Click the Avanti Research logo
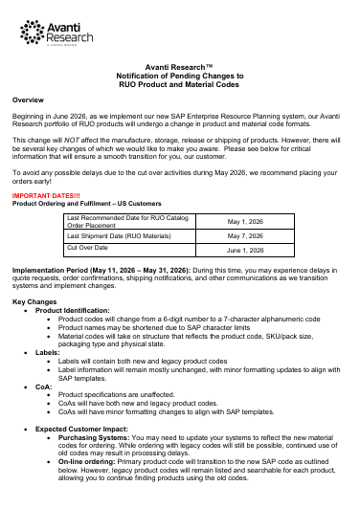tap(42, 32)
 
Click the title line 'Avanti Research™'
tap(180, 66)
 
